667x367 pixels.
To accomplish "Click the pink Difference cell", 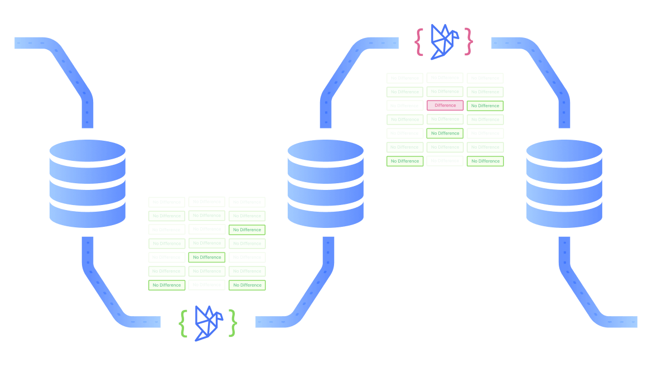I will pyautogui.click(x=445, y=106).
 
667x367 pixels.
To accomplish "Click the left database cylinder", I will pyautogui.click(x=87, y=184).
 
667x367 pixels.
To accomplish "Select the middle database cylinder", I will pyautogui.click(x=325, y=184).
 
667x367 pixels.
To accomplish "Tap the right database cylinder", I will pyautogui.click(x=564, y=184).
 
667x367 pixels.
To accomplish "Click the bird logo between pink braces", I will pyautogui.click(x=444, y=41).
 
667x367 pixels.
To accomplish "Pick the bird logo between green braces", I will pyautogui.click(x=208, y=322).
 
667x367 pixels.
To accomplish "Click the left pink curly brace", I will pyautogui.click(x=419, y=41).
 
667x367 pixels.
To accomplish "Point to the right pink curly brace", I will pyautogui.click(x=469, y=41).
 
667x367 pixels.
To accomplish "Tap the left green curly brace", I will pyautogui.click(x=183, y=323).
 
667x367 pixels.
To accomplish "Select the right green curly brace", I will pyautogui.click(x=233, y=323).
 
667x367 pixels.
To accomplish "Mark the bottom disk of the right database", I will pyautogui.click(x=564, y=213).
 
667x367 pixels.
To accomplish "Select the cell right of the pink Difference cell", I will pyautogui.click(x=485, y=106).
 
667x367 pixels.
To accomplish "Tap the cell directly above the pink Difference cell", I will pyautogui.click(x=445, y=92).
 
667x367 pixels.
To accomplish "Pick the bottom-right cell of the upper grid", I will pyautogui.click(x=485, y=161).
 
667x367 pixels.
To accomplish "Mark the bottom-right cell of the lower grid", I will pyautogui.click(x=247, y=285).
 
